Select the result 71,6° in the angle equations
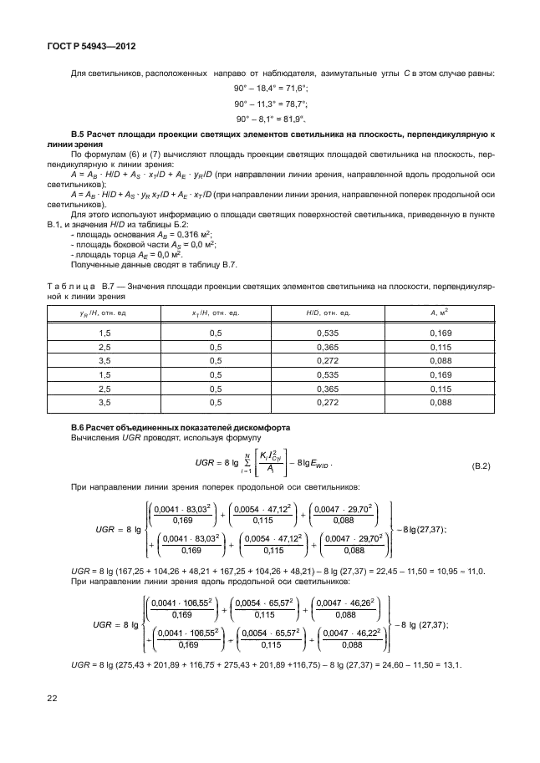pos(296,87)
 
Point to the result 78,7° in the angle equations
pos(296,103)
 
